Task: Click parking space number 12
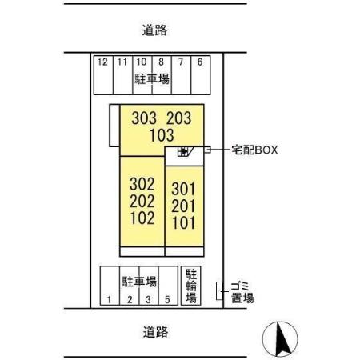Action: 102,62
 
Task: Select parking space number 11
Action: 122,62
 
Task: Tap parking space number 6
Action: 199,62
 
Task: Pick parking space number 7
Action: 181,62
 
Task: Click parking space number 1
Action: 108,300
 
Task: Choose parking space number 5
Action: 166,300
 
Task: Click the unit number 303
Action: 144,118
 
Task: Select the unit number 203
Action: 178,118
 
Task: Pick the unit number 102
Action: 142,218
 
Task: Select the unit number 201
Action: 183,207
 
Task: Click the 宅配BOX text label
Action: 254,149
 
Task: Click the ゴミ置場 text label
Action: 242,292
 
